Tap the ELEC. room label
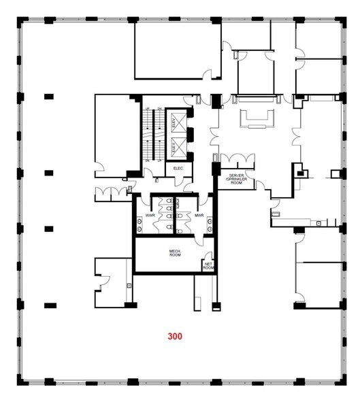tap(180, 168)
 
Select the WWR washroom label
tap(150, 216)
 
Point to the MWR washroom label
tap(199, 216)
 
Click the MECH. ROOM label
tap(174, 254)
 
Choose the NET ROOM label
tap(208, 267)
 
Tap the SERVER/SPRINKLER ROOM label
tap(235, 179)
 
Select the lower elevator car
tap(178, 145)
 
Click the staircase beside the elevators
tap(150, 135)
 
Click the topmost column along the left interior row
tap(48, 96)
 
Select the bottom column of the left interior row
tap(48, 304)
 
